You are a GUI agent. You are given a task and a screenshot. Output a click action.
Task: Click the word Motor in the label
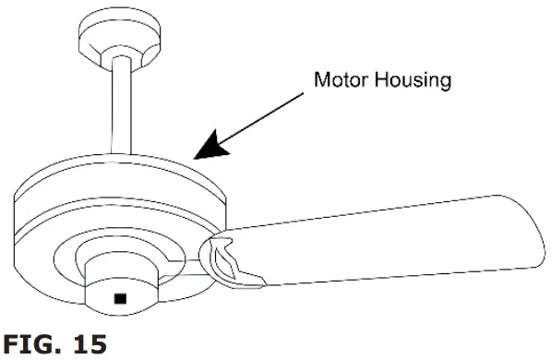(x=341, y=79)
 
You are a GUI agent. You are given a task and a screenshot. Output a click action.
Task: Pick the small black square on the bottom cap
(x=119, y=298)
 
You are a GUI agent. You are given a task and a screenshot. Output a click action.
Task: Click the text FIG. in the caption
(x=29, y=344)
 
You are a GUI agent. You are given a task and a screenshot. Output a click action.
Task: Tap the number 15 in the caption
(x=89, y=344)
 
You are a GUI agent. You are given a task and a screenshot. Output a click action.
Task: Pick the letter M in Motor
(x=322, y=79)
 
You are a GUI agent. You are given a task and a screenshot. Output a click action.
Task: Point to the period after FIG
(x=60, y=351)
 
